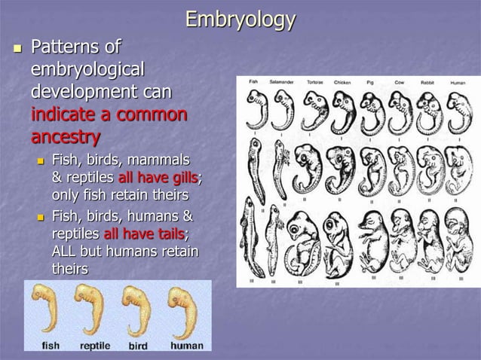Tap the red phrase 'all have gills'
[158, 177]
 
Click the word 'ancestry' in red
[65, 137]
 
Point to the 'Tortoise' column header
[315, 81]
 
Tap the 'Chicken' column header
[342, 81]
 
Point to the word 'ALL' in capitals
[66, 251]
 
